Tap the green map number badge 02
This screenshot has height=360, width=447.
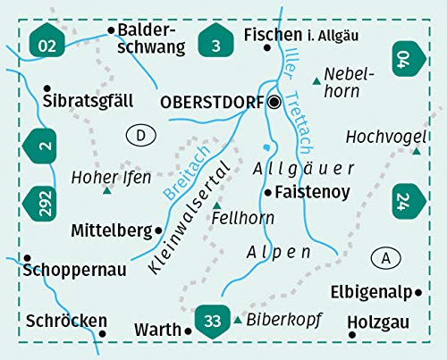coord(47,42)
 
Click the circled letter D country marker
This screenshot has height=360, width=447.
coord(140,135)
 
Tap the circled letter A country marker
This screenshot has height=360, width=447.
coord(386,258)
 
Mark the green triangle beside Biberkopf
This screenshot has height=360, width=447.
coord(238,320)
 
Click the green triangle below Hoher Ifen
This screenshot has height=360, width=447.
coord(107,190)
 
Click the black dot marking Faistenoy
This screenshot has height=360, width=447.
coord(267,192)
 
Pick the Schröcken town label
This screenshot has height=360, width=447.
coord(54,321)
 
